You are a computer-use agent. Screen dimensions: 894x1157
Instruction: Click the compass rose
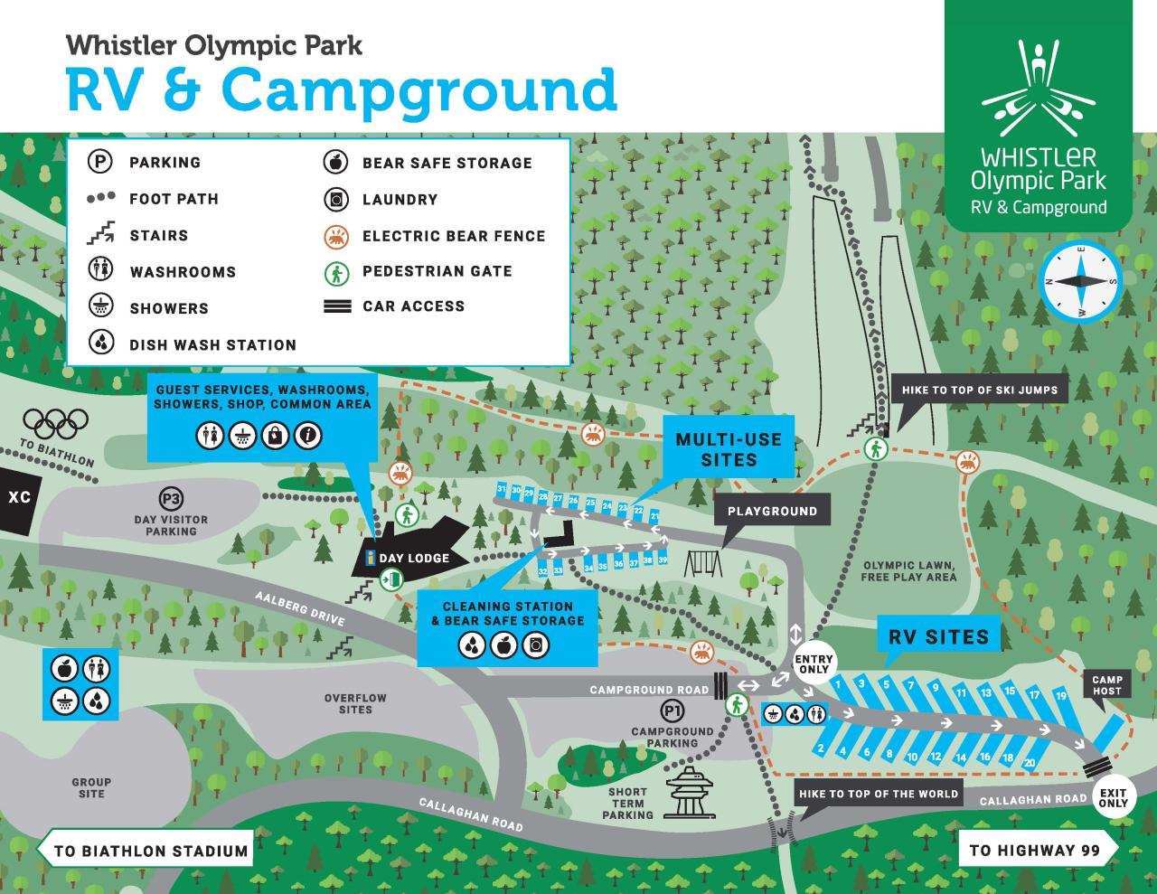(x=1080, y=280)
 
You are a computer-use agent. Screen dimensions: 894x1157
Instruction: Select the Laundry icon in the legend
(x=335, y=199)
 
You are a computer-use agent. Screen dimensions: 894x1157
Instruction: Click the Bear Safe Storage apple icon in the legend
(x=335, y=163)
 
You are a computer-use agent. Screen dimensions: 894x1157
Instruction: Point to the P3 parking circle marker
(x=171, y=499)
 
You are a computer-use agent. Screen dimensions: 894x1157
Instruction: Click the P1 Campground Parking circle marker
(x=672, y=710)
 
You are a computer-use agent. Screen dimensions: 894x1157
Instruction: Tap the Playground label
(x=772, y=511)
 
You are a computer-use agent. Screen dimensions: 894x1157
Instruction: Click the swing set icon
(x=703, y=563)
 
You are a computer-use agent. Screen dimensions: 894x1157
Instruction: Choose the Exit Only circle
(x=1114, y=797)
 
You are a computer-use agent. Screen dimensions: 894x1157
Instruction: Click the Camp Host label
(x=1107, y=685)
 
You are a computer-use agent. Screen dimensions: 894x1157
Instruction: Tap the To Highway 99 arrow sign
(x=1036, y=850)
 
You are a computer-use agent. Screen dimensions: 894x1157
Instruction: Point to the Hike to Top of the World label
(x=878, y=794)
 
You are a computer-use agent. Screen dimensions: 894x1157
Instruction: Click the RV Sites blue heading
(x=939, y=635)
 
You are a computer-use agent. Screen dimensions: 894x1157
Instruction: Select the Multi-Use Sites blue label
(x=729, y=449)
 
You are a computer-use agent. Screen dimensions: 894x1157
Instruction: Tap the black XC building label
(x=18, y=497)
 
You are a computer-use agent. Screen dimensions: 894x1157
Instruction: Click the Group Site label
(x=91, y=788)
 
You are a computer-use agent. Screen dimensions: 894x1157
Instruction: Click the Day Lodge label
(x=413, y=558)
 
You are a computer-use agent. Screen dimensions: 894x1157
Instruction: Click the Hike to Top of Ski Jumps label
(x=979, y=391)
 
